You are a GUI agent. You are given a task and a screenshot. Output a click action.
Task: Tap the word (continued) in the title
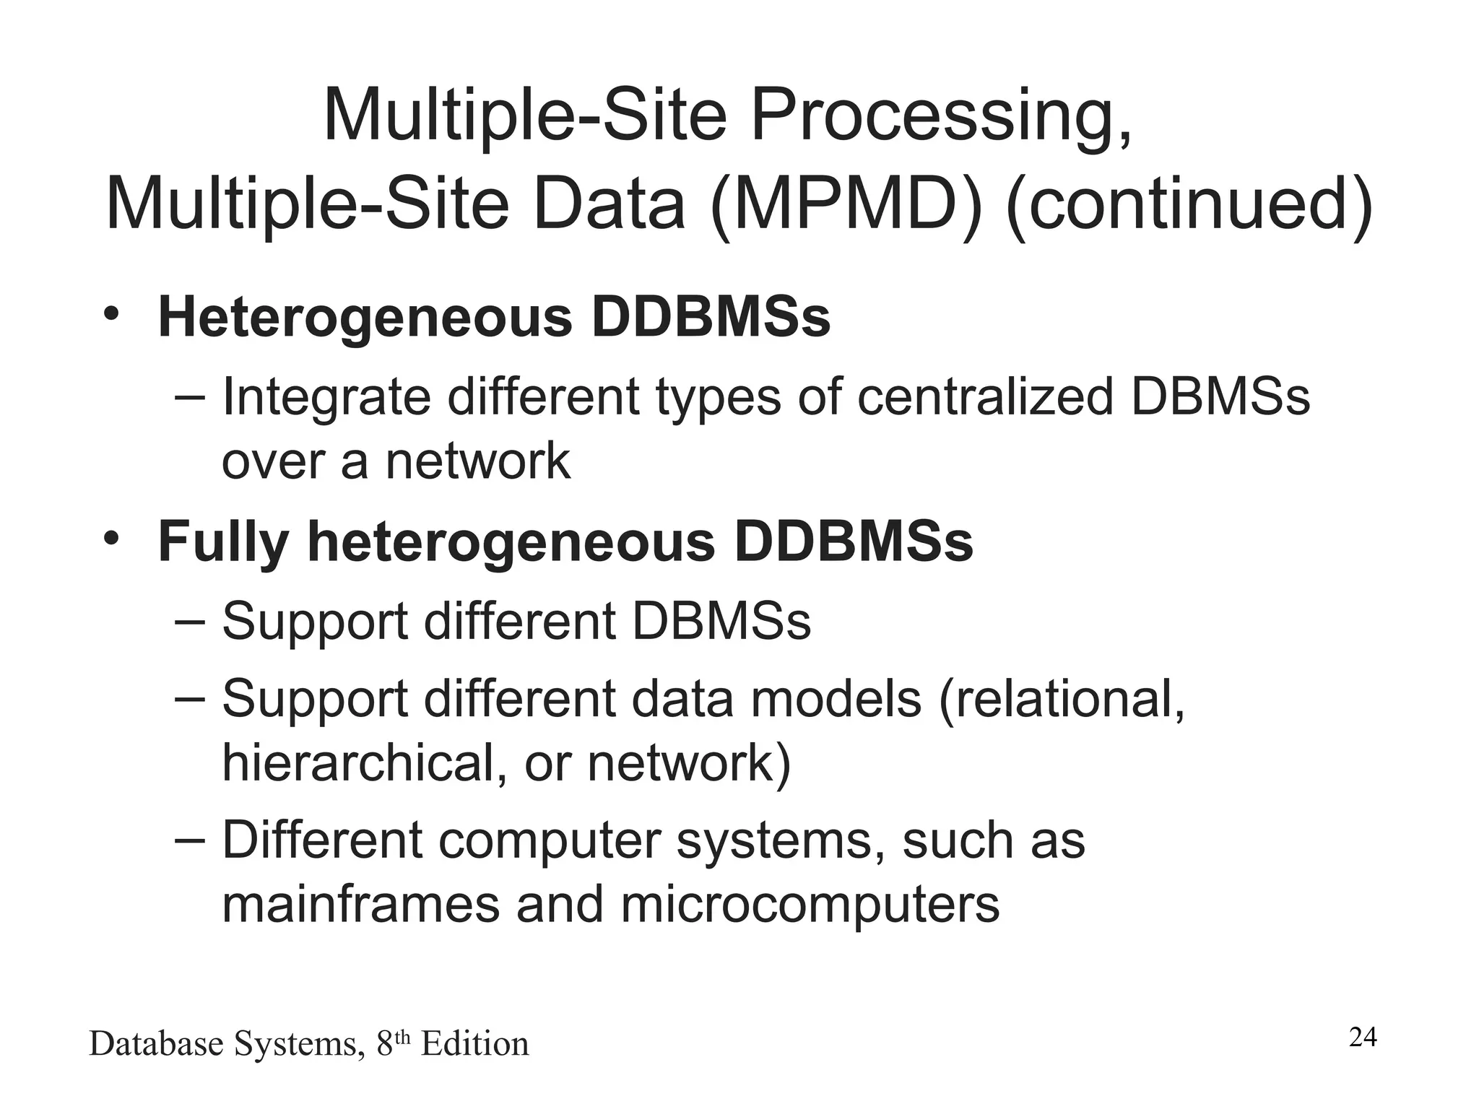pyautogui.click(x=1189, y=204)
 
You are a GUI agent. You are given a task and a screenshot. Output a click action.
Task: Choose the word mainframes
pyautogui.click(x=360, y=905)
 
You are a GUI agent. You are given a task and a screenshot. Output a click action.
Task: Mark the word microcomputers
pyautogui.click(x=810, y=905)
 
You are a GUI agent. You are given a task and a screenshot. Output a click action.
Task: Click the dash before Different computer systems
pyautogui.click(x=190, y=840)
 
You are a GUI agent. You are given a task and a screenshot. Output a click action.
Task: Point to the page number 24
pyautogui.click(x=1363, y=1038)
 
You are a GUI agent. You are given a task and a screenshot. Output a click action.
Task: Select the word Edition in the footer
pyautogui.click(x=474, y=1044)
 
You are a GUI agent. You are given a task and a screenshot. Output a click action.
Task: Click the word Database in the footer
pyautogui.click(x=157, y=1044)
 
